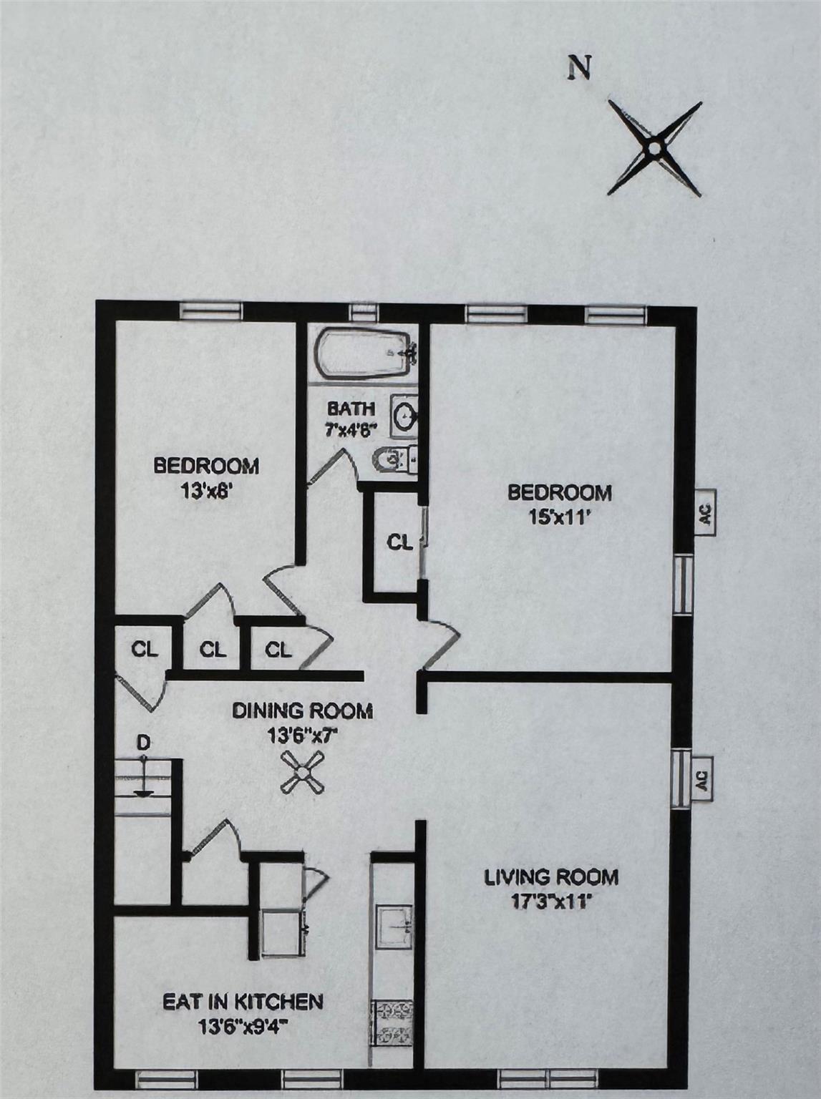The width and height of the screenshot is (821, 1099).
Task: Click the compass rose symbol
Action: click(x=654, y=148)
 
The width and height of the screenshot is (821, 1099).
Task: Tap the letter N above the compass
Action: click(x=579, y=67)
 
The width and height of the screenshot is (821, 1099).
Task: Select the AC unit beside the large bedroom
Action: click(x=705, y=513)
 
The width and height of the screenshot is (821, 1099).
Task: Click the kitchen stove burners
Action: click(x=392, y=1023)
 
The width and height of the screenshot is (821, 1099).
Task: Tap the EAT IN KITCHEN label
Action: click(x=243, y=1002)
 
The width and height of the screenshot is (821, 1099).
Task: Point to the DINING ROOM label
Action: click(x=302, y=710)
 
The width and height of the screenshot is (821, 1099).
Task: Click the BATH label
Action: click(x=351, y=409)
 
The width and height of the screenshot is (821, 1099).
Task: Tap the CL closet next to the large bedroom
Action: click(x=399, y=543)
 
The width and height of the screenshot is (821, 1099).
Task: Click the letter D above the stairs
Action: click(x=144, y=743)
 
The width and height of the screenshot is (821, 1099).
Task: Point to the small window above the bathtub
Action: click(x=364, y=312)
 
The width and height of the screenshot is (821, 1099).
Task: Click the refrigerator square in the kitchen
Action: click(x=281, y=933)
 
